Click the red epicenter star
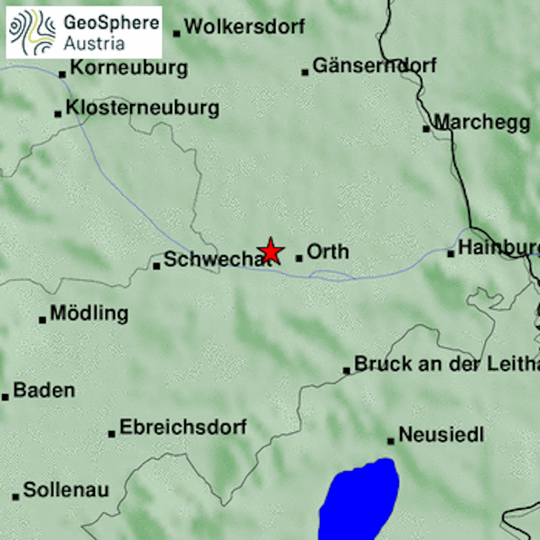271,251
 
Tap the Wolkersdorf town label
245,26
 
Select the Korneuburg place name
129,68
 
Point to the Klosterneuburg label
143,108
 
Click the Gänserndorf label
375,66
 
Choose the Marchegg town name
482,123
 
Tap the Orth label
327,252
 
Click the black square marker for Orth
299,259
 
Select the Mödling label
89,313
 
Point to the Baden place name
44,390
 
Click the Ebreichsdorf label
183,427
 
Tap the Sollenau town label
66,490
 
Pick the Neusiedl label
441,434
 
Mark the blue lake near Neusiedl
361,502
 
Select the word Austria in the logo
94,43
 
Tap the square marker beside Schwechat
157,266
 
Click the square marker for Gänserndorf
305,72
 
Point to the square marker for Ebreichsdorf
112,434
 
